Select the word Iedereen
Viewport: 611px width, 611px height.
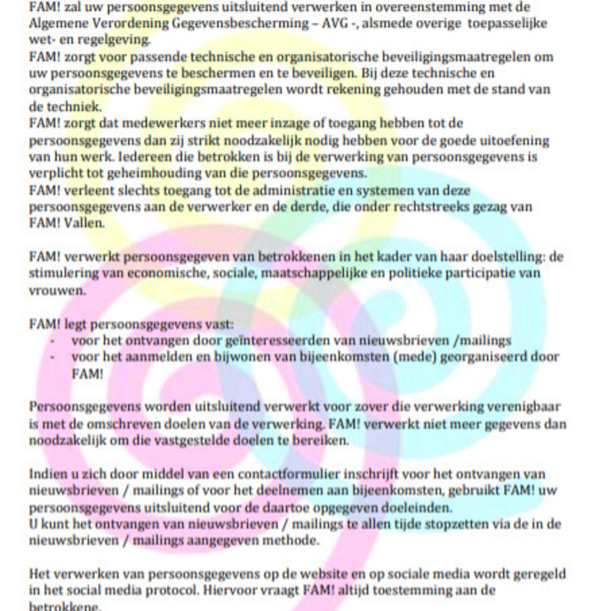[144, 157]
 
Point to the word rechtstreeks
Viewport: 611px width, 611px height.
[445, 207]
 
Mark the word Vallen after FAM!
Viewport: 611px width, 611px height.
[84, 224]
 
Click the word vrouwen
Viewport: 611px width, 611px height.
[57, 291]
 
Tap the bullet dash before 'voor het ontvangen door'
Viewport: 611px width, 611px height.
[53, 341]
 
